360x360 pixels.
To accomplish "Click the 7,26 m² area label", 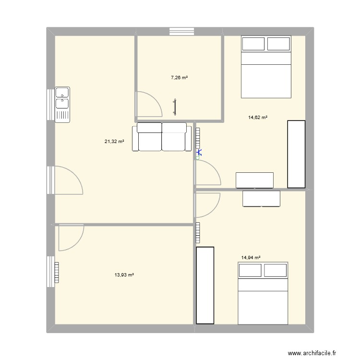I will click(x=179, y=77).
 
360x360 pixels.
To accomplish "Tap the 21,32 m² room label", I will click(x=114, y=141).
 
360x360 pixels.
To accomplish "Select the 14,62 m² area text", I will click(x=257, y=117).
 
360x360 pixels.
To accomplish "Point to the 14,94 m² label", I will click(x=251, y=258).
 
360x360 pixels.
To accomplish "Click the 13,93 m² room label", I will click(x=124, y=275).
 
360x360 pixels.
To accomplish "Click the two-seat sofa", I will click(x=162, y=137).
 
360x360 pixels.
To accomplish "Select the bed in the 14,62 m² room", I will click(x=266, y=67).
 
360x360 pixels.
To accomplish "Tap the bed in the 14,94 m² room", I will click(x=263, y=293).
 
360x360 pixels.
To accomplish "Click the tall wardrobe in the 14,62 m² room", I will click(x=296, y=154).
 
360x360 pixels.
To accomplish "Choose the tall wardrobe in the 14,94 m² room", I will click(x=205, y=285).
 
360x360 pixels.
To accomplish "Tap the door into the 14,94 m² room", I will click(x=207, y=204).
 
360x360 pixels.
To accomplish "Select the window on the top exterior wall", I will click(x=182, y=32).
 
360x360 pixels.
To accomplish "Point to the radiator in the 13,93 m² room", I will click(x=57, y=273).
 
